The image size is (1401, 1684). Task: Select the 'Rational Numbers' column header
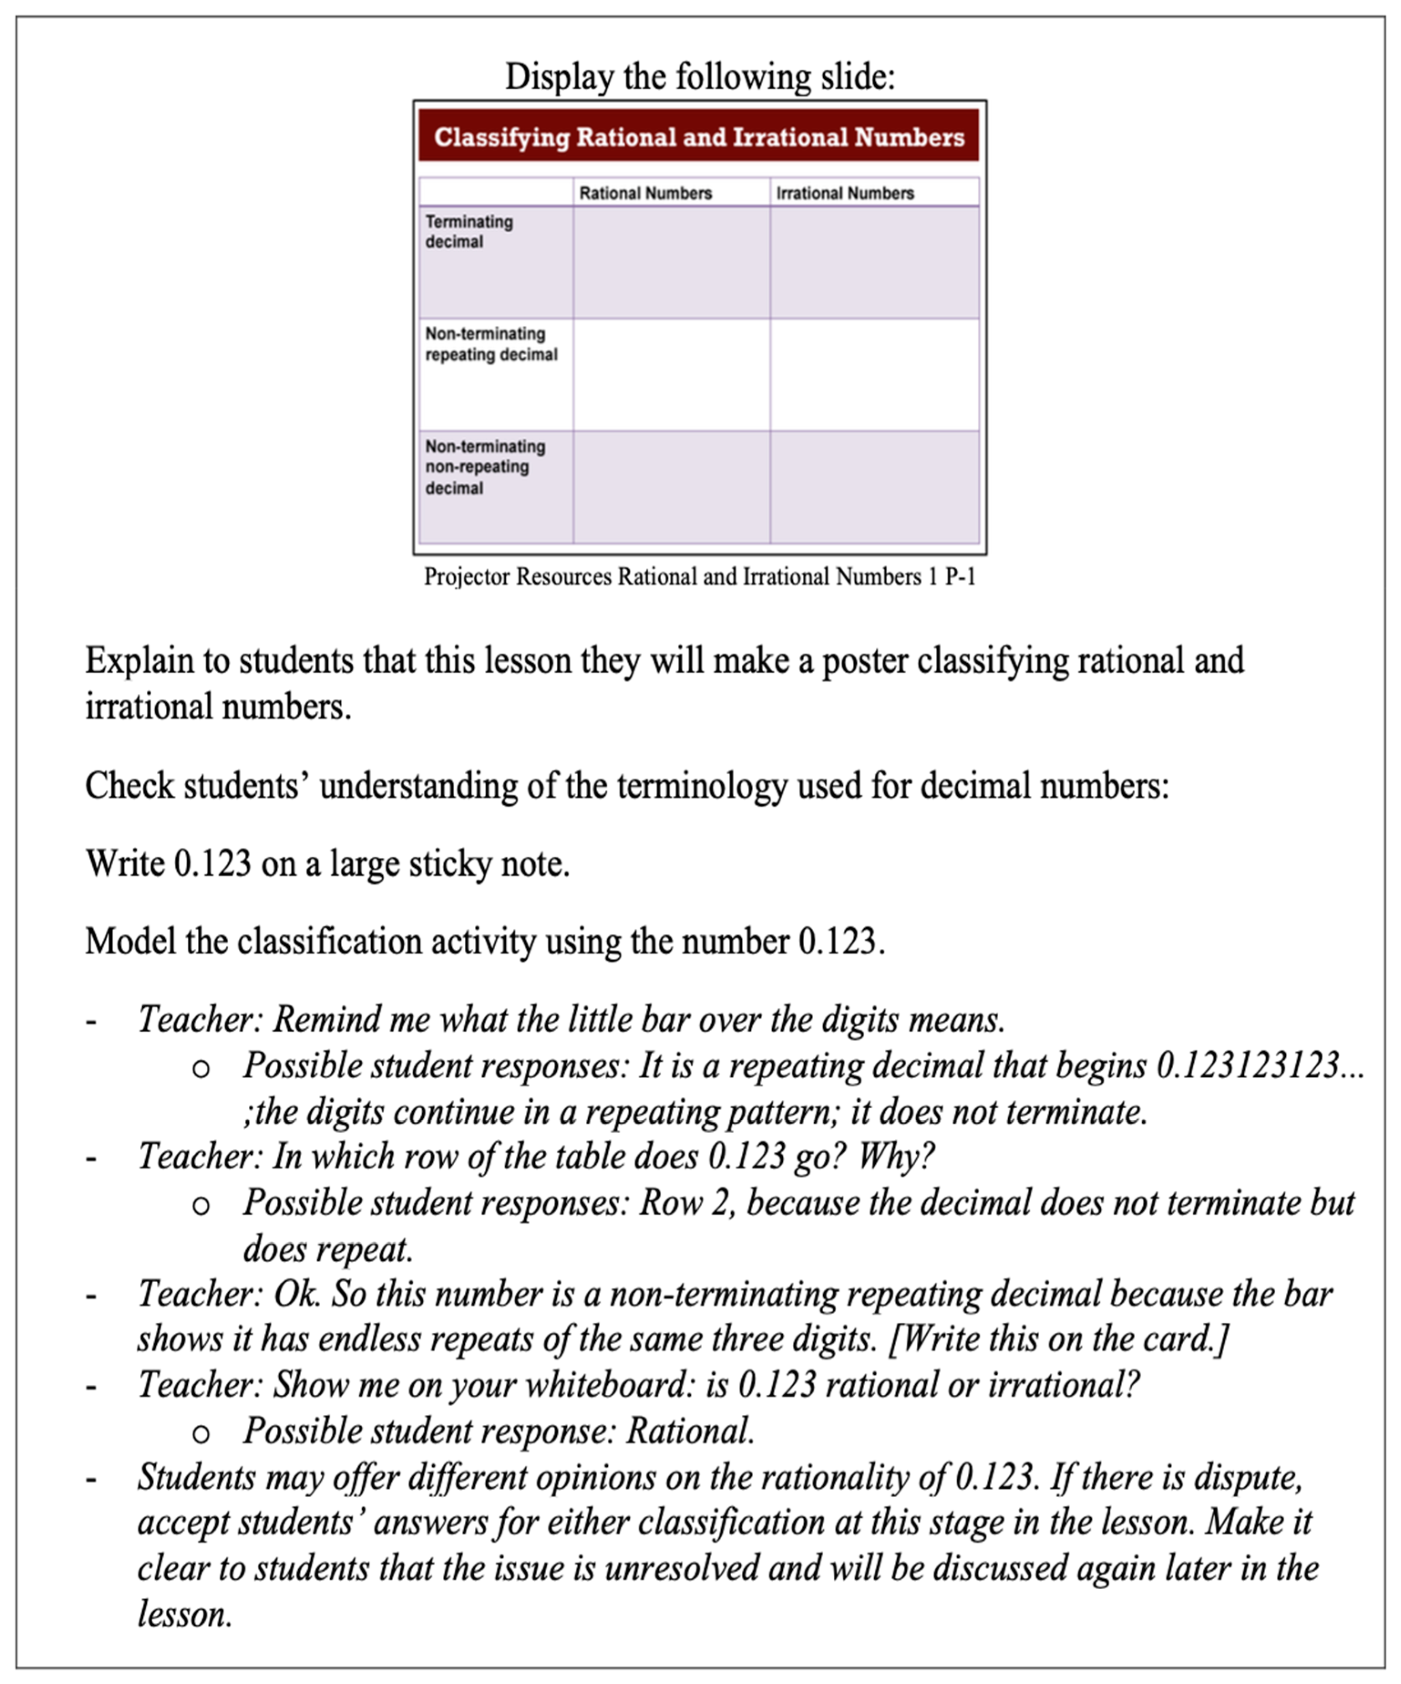click(646, 193)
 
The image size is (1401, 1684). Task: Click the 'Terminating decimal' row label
click(469, 232)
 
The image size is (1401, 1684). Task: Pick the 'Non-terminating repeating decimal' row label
click(491, 344)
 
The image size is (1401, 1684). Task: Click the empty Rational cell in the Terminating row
click(671, 263)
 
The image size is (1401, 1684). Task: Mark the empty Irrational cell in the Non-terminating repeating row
click(874, 374)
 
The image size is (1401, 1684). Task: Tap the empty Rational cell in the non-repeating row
click(671, 487)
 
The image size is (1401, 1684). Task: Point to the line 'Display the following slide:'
click(699, 77)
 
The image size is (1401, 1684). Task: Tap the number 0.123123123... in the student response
click(1259, 1066)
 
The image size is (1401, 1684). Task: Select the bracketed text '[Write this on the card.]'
click(1058, 1339)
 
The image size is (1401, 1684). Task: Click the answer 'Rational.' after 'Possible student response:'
click(690, 1431)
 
